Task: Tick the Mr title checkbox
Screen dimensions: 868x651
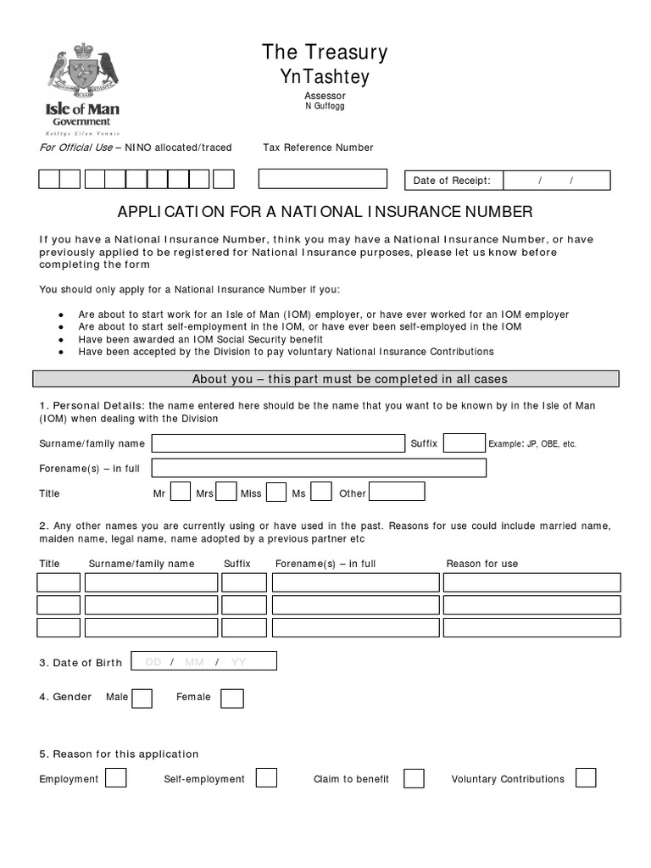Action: point(181,492)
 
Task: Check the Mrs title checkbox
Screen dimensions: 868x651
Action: point(226,492)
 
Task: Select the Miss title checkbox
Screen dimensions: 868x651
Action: point(276,492)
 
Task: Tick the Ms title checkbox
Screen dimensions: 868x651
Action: point(321,492)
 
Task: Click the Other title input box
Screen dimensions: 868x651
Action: point(397,492)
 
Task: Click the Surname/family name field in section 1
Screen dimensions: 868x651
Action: point(278,443)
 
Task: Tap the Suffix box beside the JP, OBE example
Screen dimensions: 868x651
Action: point(465,443)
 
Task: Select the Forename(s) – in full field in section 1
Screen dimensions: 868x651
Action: point(319,468)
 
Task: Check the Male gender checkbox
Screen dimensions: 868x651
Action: point(142,698)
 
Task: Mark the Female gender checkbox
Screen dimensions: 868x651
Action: point(232,698)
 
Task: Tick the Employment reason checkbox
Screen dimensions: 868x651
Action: point(116,778)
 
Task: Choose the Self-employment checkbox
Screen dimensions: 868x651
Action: point(266,778)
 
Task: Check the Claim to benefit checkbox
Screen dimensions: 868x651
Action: point(414,778)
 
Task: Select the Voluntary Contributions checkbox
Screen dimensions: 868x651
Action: point(585,778)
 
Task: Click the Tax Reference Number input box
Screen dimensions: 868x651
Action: point(322,179)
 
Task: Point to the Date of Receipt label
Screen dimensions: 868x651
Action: point(451,181)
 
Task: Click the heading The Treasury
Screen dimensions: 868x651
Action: point(325,53)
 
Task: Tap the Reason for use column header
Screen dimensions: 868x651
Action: point(482,564)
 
